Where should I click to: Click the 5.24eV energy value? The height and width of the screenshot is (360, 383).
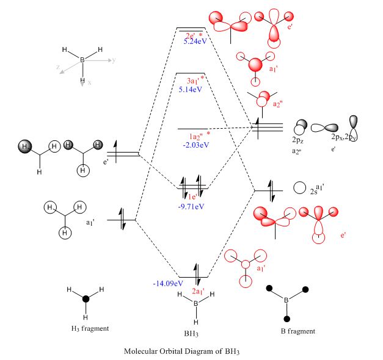click(197, 42)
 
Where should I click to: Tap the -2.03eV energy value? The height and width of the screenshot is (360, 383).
click(195, 145)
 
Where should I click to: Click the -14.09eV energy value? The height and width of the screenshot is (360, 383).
click(168, 283)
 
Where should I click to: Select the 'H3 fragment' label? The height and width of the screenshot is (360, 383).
click(90, 328)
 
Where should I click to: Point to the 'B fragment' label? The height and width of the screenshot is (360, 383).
click(296, 331)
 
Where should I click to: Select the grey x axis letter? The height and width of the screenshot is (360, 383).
click(89, 81)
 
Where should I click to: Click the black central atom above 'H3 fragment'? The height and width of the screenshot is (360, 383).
click(86, 299)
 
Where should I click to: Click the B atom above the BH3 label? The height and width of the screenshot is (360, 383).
click(195, 303)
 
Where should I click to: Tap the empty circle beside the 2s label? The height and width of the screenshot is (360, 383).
click(299, 189)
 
